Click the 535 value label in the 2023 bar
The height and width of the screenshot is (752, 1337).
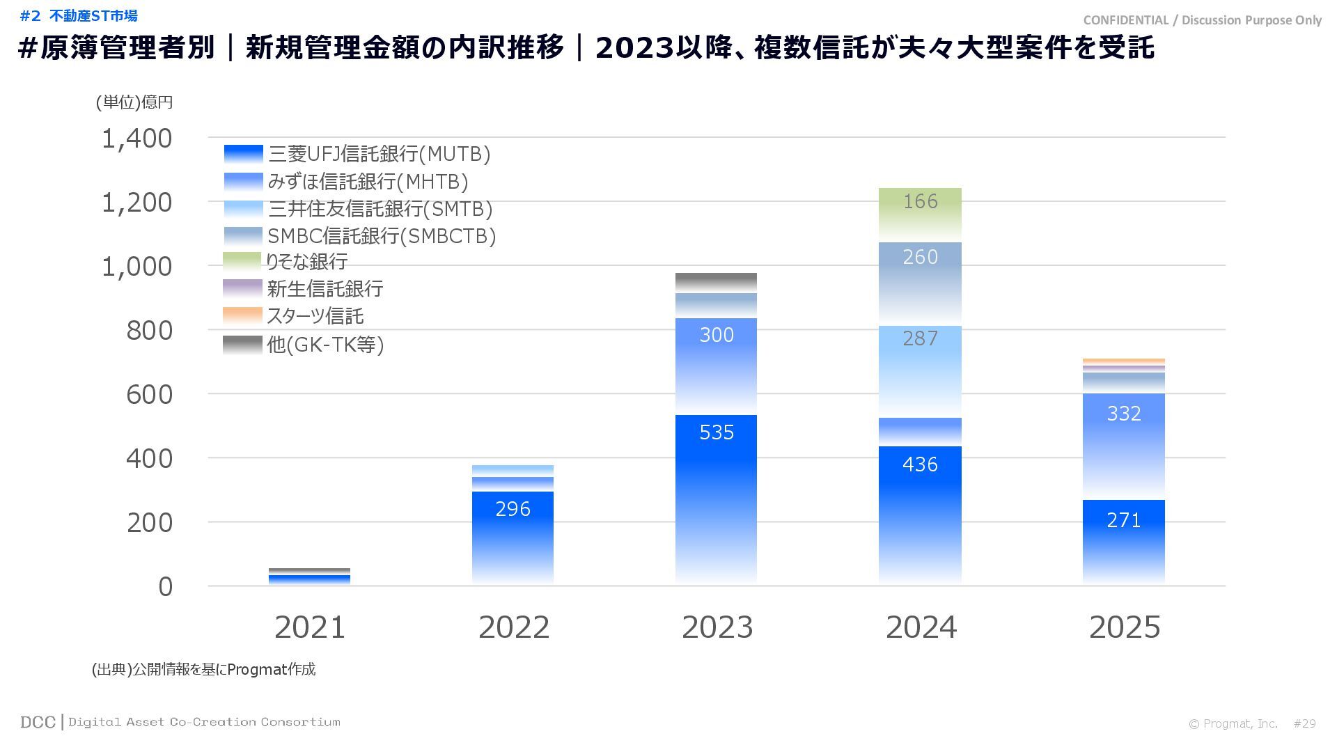tap(717, 432)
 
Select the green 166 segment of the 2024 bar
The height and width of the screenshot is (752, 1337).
tap(920, 213)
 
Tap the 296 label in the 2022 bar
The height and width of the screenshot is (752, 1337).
tap(513, 509)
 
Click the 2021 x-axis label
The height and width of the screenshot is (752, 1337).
tap(310, 627)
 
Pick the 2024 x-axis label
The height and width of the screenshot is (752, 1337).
tap(921, 627)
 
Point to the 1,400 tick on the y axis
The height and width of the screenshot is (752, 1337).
tap(137, 139)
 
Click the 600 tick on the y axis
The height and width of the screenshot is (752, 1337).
tap(149, 395)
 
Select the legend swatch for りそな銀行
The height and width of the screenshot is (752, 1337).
tap(242, 262)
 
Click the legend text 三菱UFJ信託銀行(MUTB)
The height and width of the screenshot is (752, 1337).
tap(379, 154)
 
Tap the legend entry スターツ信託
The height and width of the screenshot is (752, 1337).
tap(315, 316)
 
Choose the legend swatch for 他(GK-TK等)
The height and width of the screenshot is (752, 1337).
tap(242, 344)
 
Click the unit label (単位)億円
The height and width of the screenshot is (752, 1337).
tap(134, 102)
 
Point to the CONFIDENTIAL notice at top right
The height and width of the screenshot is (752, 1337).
tap(1202, 20)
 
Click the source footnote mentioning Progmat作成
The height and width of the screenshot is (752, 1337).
tap(203, 669)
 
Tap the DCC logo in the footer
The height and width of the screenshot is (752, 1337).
tap(38, 722)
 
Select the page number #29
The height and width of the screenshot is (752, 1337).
tap(1304, 723)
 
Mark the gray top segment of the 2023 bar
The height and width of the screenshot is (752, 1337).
tap(716, 282)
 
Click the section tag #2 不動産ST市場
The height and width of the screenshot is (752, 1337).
tap(79, 15)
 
